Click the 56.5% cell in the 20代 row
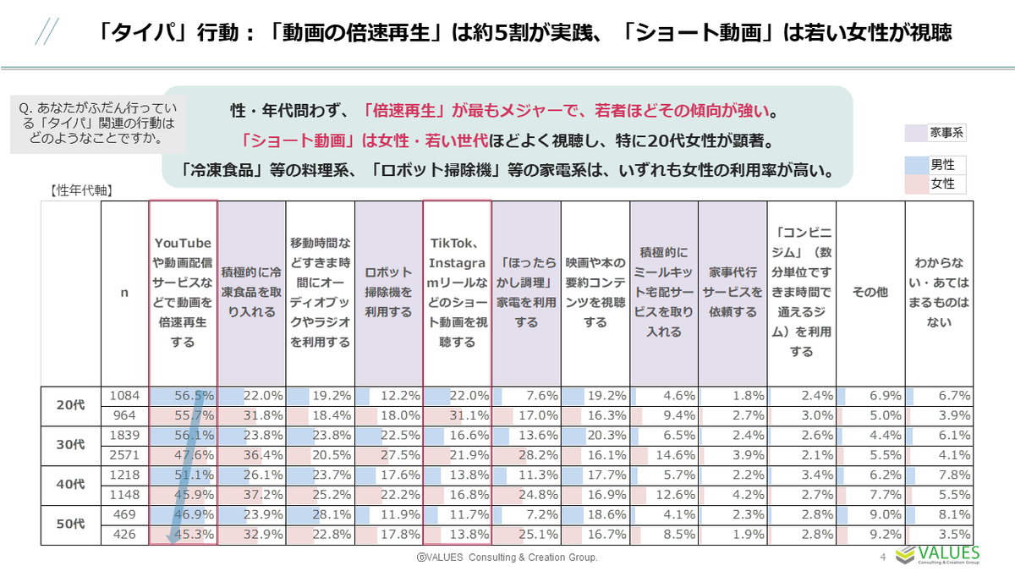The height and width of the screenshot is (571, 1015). point(184,395)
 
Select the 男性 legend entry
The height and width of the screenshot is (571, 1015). point(935,165)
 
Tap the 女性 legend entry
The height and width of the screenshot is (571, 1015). point(935,183)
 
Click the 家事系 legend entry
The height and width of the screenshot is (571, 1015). point(935,133)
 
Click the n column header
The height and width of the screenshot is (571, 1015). point(125,292)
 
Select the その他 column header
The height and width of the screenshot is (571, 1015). point(870,292)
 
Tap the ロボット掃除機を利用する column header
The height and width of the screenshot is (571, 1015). point(388,292)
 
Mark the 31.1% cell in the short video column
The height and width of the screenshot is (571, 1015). point(458,415)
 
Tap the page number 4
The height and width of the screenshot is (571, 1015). point(883,557)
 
